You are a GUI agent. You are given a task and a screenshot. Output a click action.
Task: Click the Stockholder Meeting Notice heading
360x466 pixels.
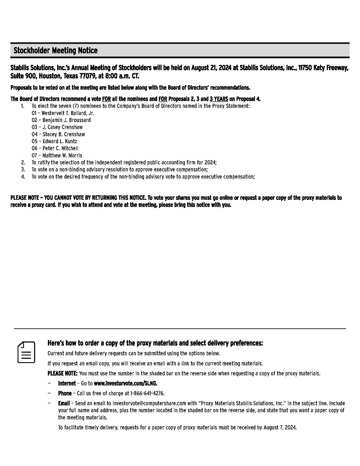click(55, 51)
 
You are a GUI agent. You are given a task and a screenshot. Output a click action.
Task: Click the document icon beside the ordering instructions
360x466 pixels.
click(26, 352)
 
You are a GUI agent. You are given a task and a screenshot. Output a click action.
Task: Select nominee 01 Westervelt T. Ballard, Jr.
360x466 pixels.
click(63, 113)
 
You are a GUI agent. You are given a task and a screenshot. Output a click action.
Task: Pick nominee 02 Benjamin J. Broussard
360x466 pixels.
click(61, 120)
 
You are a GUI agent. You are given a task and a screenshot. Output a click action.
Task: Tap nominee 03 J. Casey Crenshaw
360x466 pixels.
click(57, 127)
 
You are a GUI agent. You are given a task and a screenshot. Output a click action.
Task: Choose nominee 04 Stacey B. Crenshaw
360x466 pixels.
click(58, 134)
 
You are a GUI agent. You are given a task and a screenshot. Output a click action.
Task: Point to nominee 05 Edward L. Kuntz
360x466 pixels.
click(54, 141)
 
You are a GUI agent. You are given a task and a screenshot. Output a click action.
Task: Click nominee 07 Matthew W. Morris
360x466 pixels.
click(57, 155)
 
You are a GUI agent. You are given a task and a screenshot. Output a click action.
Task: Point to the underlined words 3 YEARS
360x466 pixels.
click(219, 99)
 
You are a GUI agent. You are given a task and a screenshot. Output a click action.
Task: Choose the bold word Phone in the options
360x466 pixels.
click(65, 394)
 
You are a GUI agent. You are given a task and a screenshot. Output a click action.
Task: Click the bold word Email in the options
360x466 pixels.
click(64, 403)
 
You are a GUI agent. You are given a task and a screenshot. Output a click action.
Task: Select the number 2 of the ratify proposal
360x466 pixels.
click(23, 162)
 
